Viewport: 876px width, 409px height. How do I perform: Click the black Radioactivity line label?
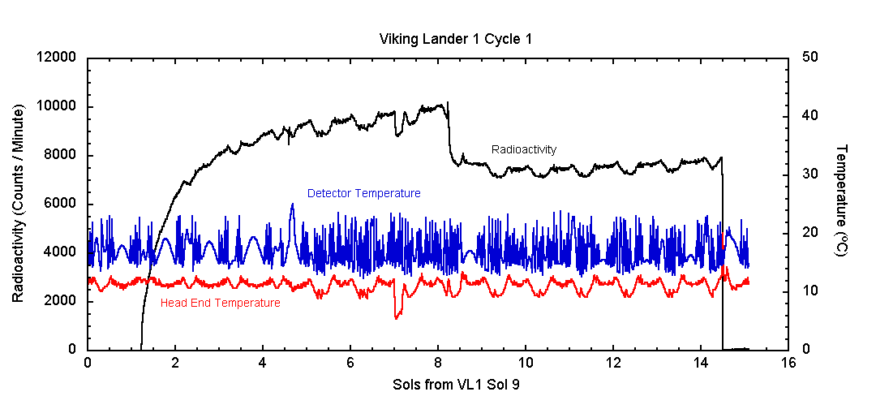pos(524,149)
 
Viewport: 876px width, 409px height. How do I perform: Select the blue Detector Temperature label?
pos(363,193)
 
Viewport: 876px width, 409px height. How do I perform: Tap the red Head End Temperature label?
pos(220,304)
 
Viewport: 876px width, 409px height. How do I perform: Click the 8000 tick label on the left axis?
pos(60,155)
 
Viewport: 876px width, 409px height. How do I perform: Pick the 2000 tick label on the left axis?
pos(60,301)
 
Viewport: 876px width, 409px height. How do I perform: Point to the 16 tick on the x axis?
pos(788,364)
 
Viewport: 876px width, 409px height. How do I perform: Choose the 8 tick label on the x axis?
pos(438,364)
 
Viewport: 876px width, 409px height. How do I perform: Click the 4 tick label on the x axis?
pos(263,364)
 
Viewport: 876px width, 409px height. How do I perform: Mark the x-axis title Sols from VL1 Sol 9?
pos(456,385)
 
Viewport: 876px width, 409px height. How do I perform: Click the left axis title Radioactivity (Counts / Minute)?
pos(19,204)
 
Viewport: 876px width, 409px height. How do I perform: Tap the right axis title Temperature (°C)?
pos(842,200)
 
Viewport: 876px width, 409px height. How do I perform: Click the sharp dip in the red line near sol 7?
pos(396,317)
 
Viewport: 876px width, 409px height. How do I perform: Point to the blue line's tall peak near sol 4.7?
pos(292,204)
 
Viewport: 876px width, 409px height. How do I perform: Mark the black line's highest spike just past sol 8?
pos(448,103)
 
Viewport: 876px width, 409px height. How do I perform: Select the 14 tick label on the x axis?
pos(700,364)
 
